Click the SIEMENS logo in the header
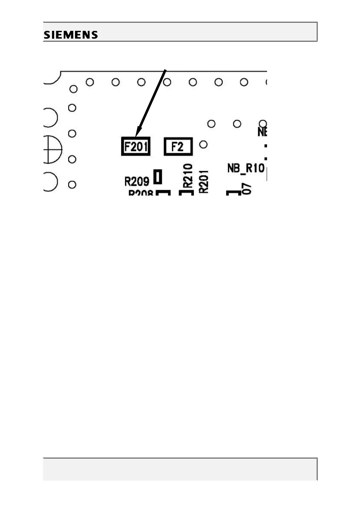tap(71, 35)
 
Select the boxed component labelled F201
tap(136, 147)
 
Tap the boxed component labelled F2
tap(178, 147)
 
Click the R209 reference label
tap(137, 181)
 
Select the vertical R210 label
tap(188, 175)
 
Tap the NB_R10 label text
tap(246, 168)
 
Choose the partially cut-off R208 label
tap(141, 193)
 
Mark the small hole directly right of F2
tap(204, 144)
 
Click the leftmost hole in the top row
tap(90, 82)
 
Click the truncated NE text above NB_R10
tap(262, 132)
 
